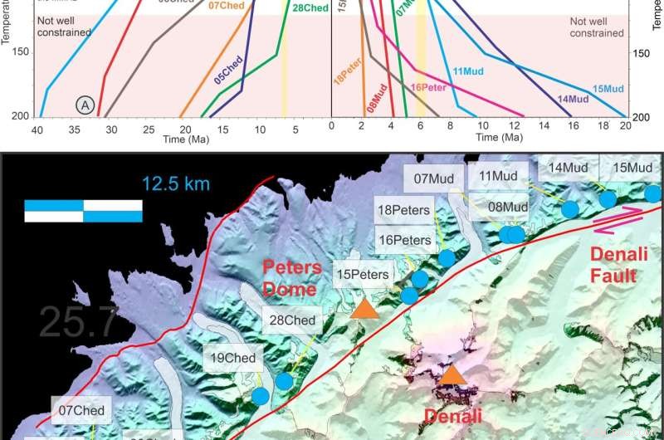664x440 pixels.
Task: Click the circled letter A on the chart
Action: [85, 104]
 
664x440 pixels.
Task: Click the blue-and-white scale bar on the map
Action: [83, 210]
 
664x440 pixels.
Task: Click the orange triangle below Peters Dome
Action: [364, 309]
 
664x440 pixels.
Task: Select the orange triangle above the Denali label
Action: [452, 375]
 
